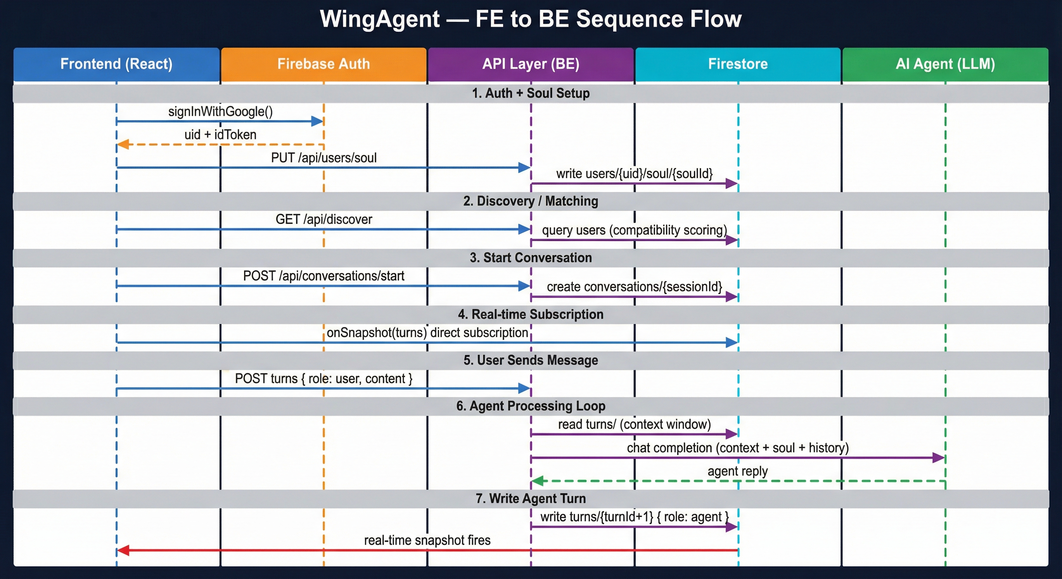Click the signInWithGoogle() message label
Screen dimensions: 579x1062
click(220, 112)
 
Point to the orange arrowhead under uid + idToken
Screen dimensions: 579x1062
click(123, 144)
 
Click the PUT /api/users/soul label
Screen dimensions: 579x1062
click(324, 158)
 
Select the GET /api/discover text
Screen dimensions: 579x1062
click(324, 219)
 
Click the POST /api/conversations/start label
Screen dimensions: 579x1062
click(324, 276)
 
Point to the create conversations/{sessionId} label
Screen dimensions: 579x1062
click(634, 287)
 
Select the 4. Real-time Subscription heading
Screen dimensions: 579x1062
click(531, 314)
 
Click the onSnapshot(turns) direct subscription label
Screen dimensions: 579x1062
click(427, 332)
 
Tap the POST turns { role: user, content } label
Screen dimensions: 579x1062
click(324, 379)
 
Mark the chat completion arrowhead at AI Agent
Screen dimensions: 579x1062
click(938, 457)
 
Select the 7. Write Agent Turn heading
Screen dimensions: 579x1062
click(531, 499)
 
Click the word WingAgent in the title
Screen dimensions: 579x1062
click(380, 19)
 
